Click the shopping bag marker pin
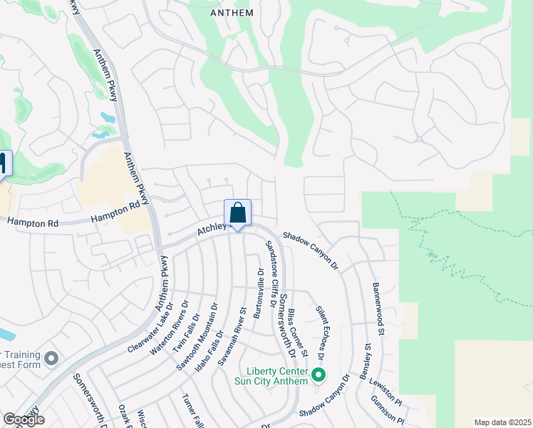(x=238, y=213)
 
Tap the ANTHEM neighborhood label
(x=232, y=13)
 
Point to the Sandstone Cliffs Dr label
(x=271, y=274)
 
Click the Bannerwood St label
(x=379, y=309)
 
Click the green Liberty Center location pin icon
(x=318, y=373)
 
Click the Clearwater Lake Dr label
(x=151, y=331)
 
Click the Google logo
(x=24, y=419)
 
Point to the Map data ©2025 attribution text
(x=503, y=422)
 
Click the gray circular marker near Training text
(x=51, y=358)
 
